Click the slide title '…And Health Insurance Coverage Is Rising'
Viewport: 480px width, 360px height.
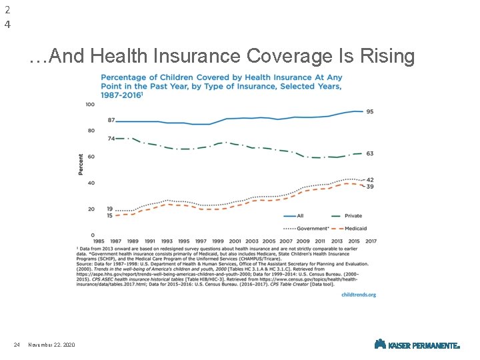coord(221,57)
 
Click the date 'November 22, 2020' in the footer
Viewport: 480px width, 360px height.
coord(51,345)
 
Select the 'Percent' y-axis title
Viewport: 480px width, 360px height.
coord(81,164)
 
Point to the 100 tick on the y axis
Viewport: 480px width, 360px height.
coord(90,105)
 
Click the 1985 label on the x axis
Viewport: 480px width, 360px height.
coord(98,241)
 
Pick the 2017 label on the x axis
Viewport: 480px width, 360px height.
coord(371,241)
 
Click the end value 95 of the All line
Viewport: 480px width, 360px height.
coord(369,112)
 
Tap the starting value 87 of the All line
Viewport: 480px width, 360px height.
coord(111,120)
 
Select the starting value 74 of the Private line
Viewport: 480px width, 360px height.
coord(111,139)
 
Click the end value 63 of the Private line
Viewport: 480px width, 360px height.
coord(369,153)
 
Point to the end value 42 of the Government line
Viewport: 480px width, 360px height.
coord(369,179)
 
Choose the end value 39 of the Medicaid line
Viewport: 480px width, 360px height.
coord(369,187)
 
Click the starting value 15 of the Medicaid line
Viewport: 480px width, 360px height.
coord(110,215)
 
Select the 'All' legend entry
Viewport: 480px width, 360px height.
coord(300,216)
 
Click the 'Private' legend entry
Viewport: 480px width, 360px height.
coord(353,216)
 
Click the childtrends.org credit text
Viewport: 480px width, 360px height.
coord(359,294)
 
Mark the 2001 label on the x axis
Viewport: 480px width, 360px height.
coord(235,241)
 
